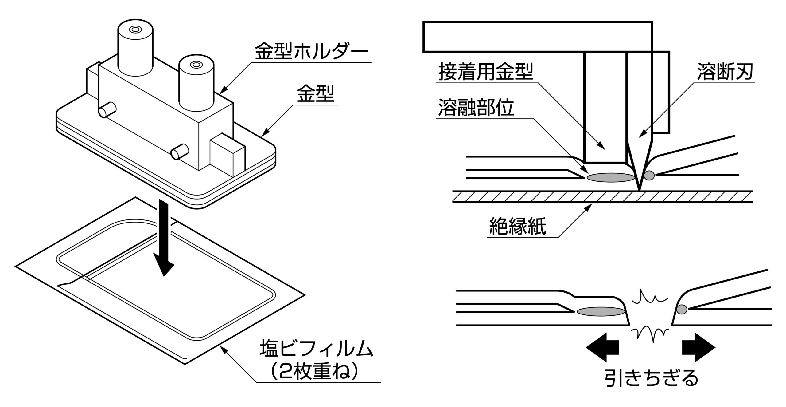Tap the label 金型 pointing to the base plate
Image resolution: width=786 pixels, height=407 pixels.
(315, 94)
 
